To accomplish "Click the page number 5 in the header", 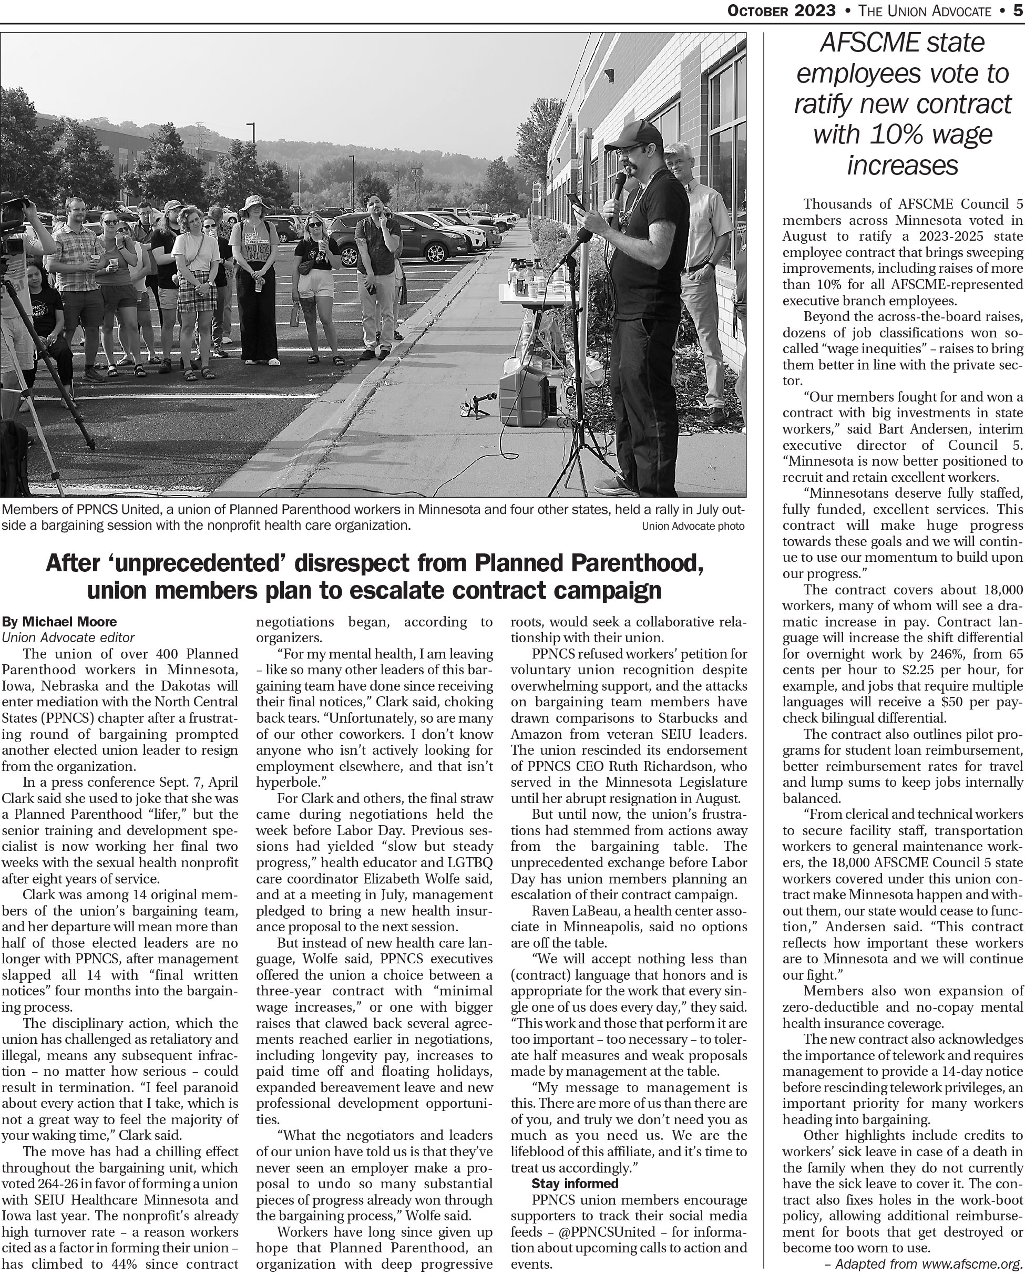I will (1019, 11).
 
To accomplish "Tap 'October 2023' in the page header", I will (783, 11).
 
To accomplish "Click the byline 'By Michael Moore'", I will (59, 622).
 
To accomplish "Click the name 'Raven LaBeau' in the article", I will (575, 910).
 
